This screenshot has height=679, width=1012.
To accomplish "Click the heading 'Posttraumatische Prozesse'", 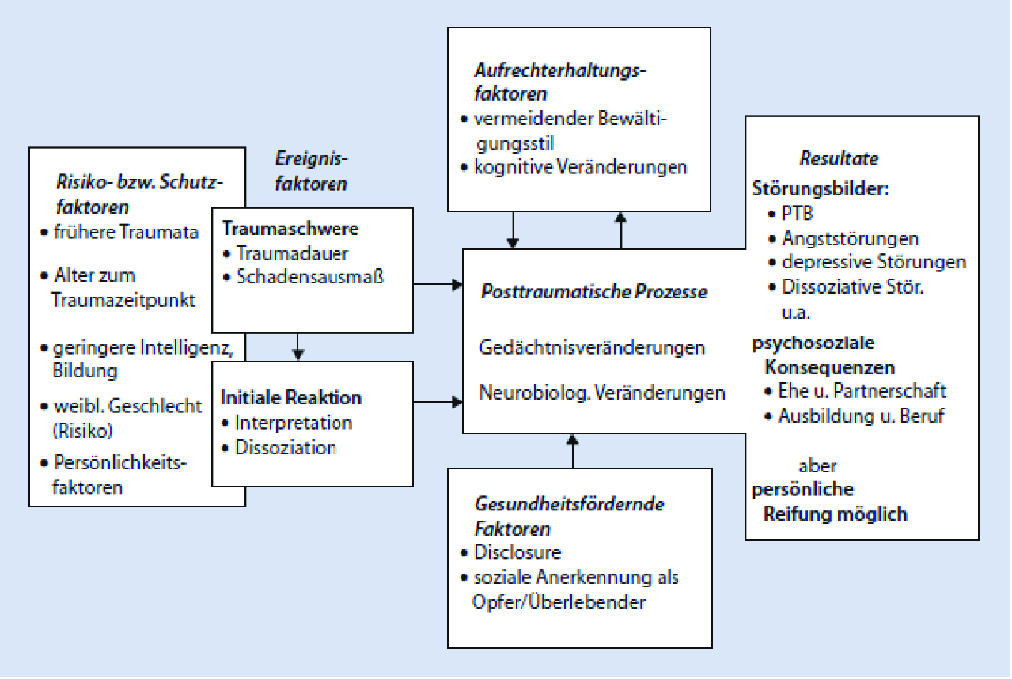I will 594,292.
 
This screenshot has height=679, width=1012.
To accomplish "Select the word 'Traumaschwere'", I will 290,229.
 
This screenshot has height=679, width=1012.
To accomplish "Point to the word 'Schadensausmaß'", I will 310,277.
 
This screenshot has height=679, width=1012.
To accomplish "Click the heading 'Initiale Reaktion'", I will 290,398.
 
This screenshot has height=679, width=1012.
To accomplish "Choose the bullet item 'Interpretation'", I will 293,423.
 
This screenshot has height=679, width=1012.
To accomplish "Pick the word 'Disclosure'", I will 517,552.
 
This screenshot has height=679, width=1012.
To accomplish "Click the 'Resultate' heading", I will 839,158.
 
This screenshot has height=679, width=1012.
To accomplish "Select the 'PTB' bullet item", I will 798,214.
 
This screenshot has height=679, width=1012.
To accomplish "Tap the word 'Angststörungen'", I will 851,238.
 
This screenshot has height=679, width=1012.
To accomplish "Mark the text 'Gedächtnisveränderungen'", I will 592,347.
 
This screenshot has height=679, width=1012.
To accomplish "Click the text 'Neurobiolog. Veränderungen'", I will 602,393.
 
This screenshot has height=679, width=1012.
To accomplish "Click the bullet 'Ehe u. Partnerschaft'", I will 862,391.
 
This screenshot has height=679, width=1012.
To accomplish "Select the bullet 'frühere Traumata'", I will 126,233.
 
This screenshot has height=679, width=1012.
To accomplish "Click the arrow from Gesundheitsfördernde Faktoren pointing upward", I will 574,451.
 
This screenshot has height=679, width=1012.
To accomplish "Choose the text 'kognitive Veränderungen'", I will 580,168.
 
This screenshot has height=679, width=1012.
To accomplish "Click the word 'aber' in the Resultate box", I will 817,465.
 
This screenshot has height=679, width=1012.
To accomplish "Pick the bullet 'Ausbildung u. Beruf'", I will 861,415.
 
